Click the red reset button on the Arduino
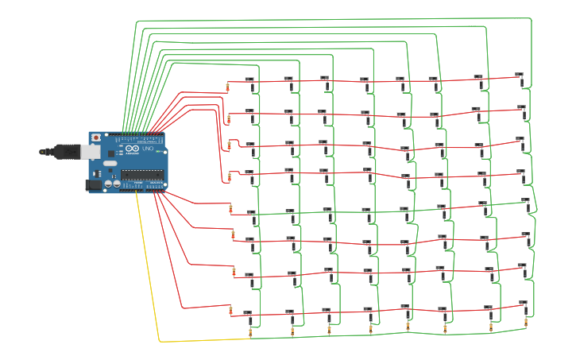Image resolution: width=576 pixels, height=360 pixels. tap(97, 137)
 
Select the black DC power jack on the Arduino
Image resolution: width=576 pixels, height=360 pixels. tap(93, 185)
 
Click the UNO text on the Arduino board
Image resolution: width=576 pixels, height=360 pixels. tap(148, 149)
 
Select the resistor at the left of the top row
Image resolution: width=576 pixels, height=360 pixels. tap(228, 87)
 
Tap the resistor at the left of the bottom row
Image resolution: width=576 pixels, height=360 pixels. tap(231, 310)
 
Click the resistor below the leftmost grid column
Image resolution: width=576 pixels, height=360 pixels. tap(250, 332)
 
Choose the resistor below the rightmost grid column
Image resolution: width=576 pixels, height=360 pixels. tap(526, 323)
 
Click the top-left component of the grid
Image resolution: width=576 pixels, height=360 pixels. tap(249, 81)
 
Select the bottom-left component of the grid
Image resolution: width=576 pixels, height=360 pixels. tap(248, 315)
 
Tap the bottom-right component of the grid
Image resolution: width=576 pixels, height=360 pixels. tap(523, 305)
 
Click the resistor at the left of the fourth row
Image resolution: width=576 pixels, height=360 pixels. tap(230, 176)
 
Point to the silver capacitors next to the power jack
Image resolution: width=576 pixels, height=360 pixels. tap(112, 184)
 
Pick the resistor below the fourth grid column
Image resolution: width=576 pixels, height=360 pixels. tap(370, 327)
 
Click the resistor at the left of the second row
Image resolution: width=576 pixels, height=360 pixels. tap(229, 118)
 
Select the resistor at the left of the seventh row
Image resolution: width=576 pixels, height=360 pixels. tap(234, 272)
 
